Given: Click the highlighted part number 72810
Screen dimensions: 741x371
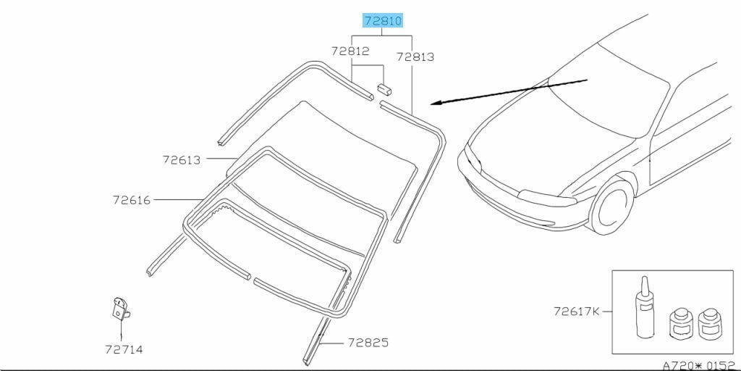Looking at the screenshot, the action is [383, 21].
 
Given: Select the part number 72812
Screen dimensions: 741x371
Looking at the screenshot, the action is [350, 51].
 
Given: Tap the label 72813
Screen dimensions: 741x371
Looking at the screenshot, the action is [415, 57].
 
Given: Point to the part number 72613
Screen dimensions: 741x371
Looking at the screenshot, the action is [182, 160].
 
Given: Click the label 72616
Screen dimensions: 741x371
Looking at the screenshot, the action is [132, 200].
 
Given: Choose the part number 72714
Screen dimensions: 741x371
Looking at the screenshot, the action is [124, 350].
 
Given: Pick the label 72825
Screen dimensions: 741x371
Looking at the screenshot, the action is [368, 342].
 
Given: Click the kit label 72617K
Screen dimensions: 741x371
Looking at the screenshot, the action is [577, 312].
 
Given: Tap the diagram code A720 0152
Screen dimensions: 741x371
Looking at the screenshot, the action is [700, 365].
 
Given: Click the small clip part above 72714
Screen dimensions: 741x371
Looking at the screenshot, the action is [121, 309].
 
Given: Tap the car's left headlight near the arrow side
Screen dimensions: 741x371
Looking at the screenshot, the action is [473, 159].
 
